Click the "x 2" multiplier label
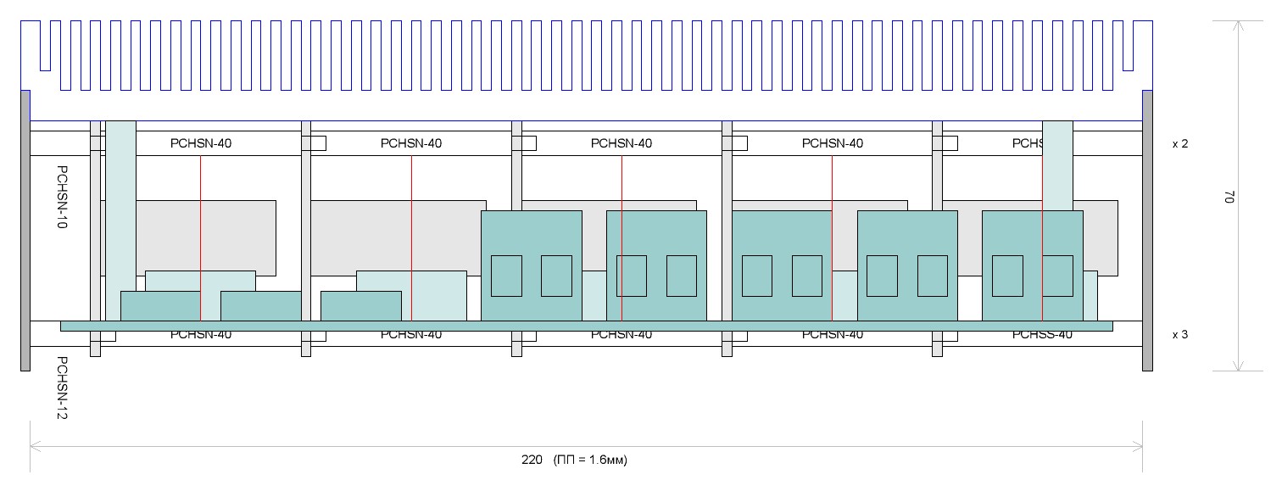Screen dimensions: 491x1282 [x=1179, y=144]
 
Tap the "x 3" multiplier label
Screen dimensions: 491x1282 [x=1179, y=335]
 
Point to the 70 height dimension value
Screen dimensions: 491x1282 [x=1226, y=197]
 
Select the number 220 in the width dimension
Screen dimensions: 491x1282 [x=531, y=460]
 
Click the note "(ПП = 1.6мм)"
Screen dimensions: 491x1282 [x=590, y=460]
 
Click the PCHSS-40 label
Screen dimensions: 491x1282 [x=1042, y=335]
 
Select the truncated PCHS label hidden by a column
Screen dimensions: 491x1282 [x=1026, y=143]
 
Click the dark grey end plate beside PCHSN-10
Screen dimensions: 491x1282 [x=25, y=229]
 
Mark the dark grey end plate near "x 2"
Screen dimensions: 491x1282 [x=1148, y=229]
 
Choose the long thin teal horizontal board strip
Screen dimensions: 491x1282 [x=586, y=326]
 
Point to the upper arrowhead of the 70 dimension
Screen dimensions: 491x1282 [x=1238, y=25]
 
